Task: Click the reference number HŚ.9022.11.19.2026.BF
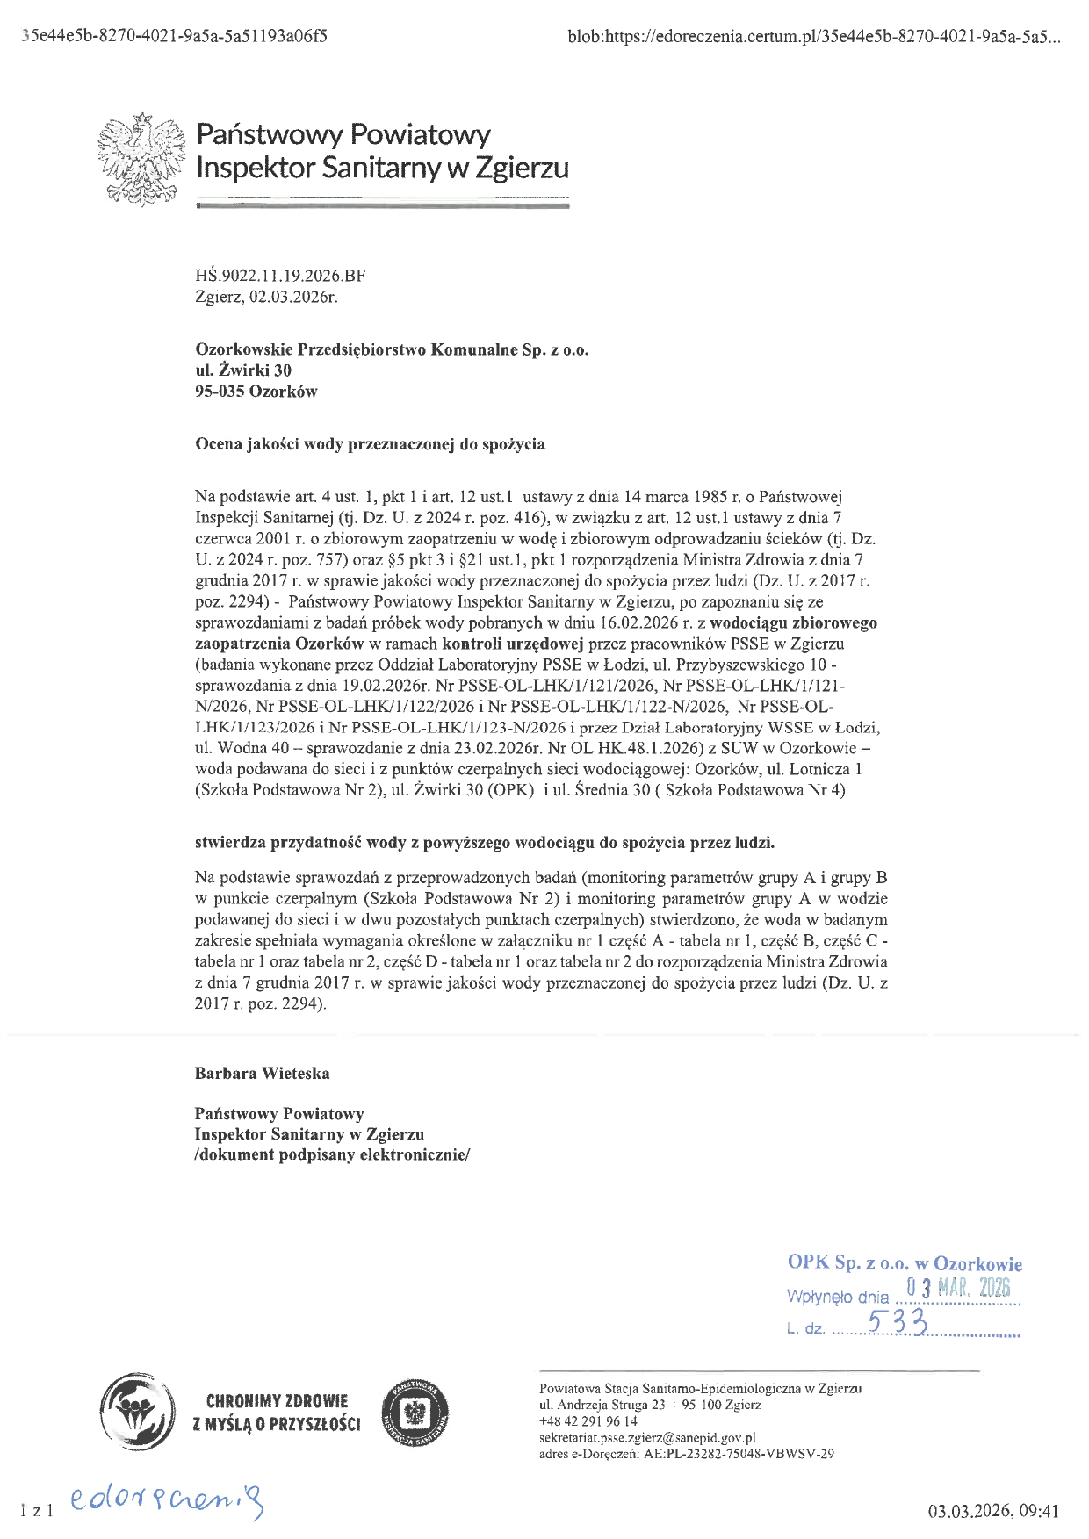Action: coord(280,276)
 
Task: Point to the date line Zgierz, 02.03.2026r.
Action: coord(266,297)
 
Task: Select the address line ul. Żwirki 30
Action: coord(243,370)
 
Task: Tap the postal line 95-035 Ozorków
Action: coord(256,392)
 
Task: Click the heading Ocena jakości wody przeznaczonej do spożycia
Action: coord(370,444)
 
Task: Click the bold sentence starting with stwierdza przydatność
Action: coord(485,843)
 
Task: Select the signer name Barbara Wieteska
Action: coord(263,1074)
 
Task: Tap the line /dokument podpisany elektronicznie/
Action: coord(332,1155)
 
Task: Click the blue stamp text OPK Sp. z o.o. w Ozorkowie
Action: coord(905,1262)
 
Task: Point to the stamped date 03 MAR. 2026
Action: coord(959,1288)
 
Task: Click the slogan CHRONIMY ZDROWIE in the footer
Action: coord(277,1401)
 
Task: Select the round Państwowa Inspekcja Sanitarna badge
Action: coord(417,1412)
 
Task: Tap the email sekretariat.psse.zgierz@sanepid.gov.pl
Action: coord(647,1438)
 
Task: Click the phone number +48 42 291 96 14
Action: coord(588,1421)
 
